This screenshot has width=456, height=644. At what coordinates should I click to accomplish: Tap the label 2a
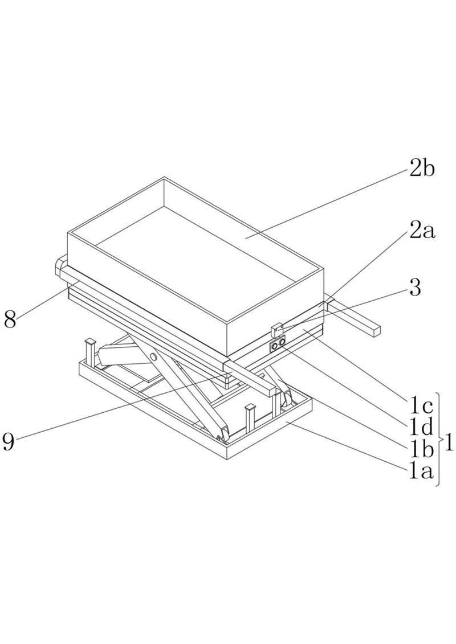422,232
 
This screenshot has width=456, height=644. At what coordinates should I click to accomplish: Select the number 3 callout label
416,288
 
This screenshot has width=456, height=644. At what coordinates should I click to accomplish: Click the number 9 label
9,441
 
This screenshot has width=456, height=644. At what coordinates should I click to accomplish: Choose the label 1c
422,407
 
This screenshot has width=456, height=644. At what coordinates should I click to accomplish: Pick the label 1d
422,428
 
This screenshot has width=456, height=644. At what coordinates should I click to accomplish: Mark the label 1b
422,450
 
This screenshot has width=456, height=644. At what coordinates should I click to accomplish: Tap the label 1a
422,472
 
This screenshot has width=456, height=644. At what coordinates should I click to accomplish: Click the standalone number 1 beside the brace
449,444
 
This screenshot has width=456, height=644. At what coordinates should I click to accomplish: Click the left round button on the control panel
274,347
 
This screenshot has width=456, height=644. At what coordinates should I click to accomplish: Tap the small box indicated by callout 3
277,330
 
